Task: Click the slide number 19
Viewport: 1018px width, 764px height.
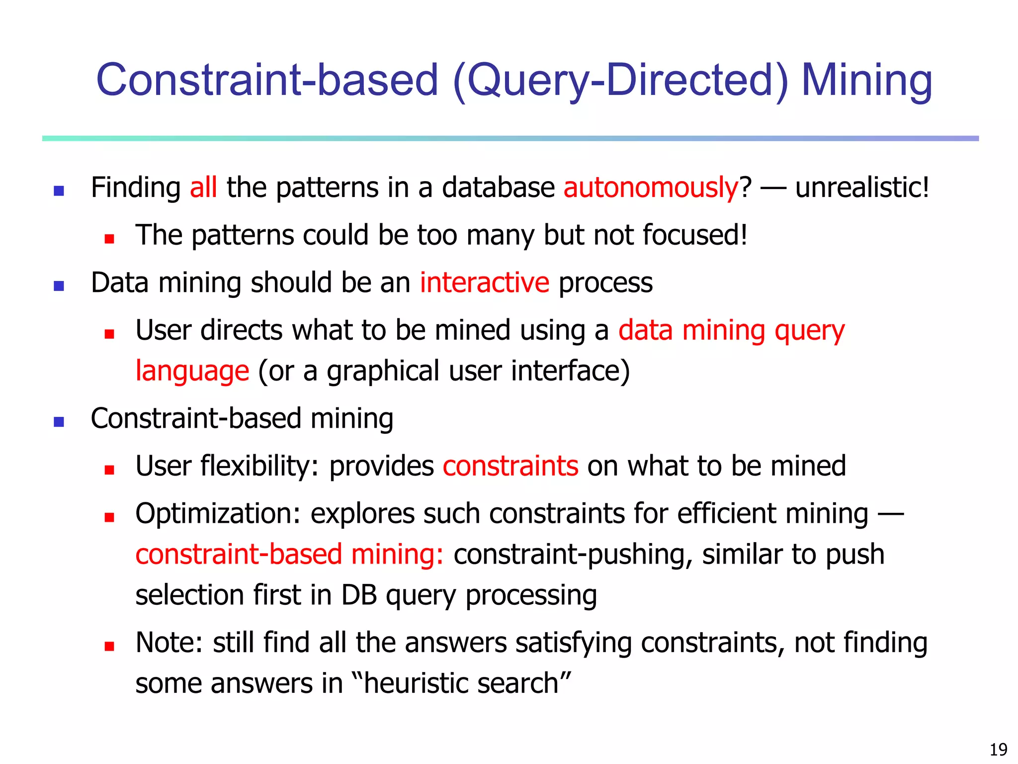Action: (x=998, y=749)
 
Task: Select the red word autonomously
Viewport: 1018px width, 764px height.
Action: (x=651, y=188)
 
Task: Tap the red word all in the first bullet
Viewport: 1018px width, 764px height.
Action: (x=203, y=188)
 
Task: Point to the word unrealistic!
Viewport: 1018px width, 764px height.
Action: (x=862, y=188)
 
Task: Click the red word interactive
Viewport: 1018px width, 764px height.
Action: (x=485, y=283)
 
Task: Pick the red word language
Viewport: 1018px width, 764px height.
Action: (x=192, y=371)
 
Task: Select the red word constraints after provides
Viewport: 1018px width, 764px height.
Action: (x=510, y=466)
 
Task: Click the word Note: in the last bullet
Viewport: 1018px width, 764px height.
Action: (x=169, y=643)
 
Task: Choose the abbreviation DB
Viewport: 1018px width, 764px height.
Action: (x=359, y=595)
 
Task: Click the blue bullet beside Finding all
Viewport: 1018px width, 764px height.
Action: (x=59, y=191)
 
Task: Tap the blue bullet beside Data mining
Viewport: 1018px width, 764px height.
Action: (x=59, y=286)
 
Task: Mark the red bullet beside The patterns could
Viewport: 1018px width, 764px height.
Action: (x=109, y=239)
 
